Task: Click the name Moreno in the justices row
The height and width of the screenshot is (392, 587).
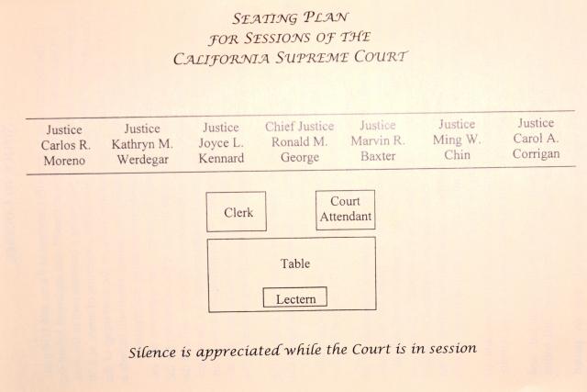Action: pyautogui.click(x=64, y=161)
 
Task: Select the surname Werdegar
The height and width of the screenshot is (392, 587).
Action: pyautogui.click(x=143, y=160)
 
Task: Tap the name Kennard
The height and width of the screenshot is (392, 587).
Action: pyautogui.click(x=221, y=158)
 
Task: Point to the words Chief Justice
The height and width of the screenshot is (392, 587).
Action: pyautogui.click(x=300, y=127)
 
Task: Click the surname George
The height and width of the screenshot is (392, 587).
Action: pyautogui.click(x=300, y=157)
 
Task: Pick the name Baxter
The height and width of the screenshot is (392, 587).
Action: pyautogui.click(x=378, y=156)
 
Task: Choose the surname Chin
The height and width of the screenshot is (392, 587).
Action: pyautogui.click(x=457, y=155)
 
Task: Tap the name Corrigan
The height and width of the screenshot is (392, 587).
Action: pyautogui.click(x=536, y=153)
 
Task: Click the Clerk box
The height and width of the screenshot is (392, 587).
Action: pyautogui.click(x=237, y=212)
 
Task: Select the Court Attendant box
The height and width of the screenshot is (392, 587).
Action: pyautogui.click(x=345, y=210)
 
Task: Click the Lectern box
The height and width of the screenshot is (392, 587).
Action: pyautogui.click(x=295, y=297)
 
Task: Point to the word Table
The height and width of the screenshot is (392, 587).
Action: pyautogui.click(x=295, y=263)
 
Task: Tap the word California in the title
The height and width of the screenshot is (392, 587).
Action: pyautogui.click(x=221, y=59)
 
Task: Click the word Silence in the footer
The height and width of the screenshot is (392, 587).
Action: pyautogui.click(x=152, y=352)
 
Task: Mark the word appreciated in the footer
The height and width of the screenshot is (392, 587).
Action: pyautogui.click(x=238, y=352)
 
